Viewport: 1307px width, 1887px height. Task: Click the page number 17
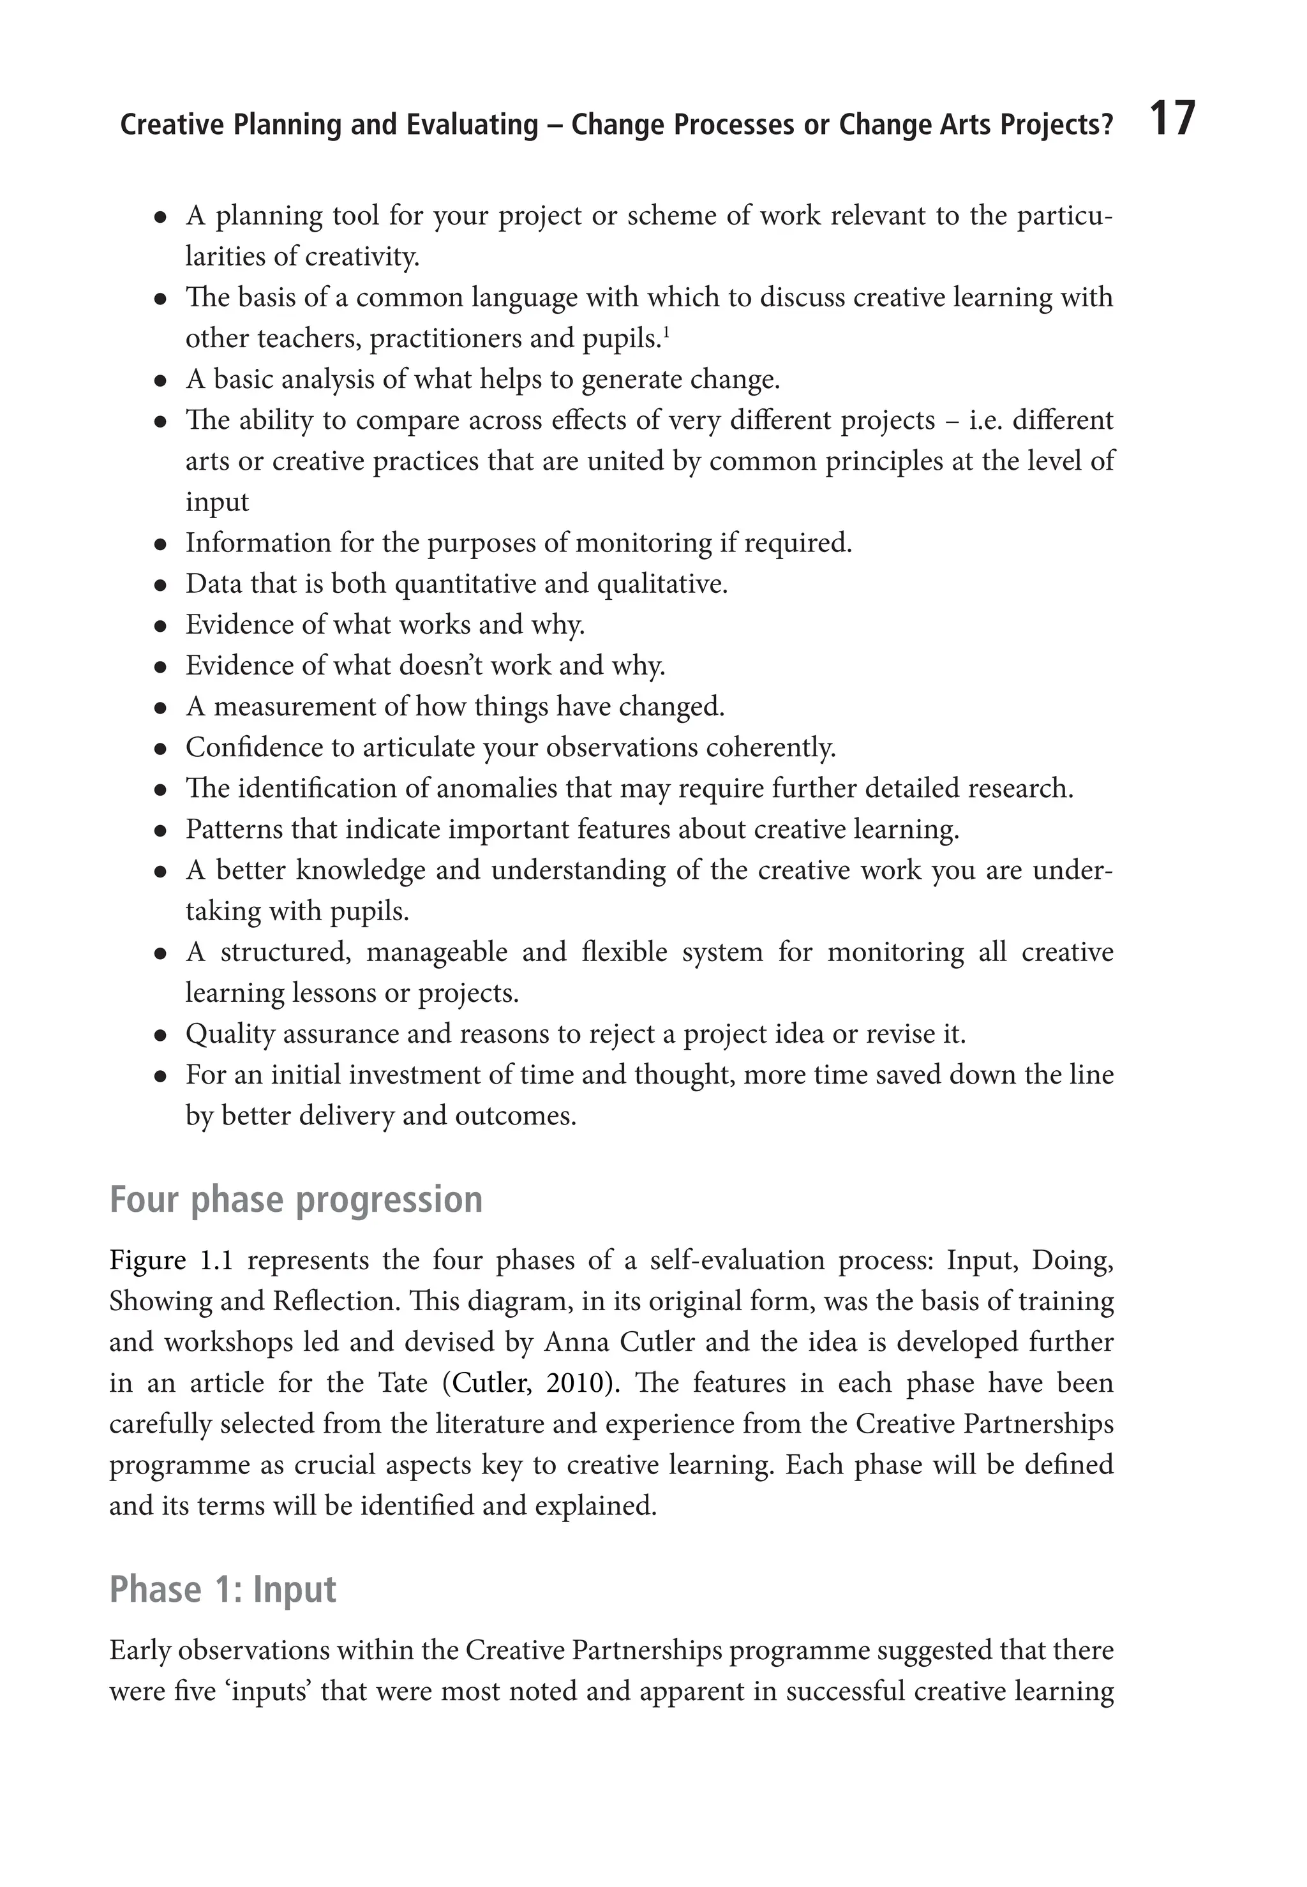(x=1173, y=119)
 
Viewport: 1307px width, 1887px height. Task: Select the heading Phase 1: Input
(x=223, y=1589)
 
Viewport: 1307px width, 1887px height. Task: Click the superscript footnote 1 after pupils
(x=667, y=331)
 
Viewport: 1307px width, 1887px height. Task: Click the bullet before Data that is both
(x=161, y=585)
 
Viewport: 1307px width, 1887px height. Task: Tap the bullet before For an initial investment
(x=161, y=1077)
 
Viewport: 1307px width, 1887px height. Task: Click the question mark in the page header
(x=1107, y=125)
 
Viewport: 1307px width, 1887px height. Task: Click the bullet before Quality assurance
(x=161, y=1036)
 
